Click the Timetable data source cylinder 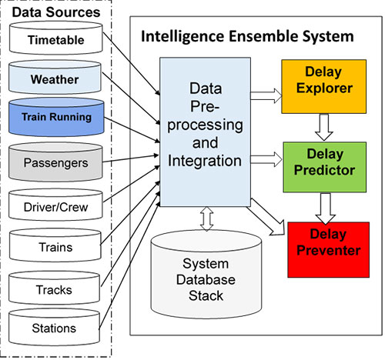[x=56, y=38]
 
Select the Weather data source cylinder [x=55, y=77]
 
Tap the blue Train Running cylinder [x=56, y=117]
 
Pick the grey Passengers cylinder [x=55, y=162]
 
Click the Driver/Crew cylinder [x=55, y=205]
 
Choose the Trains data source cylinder [x=55, y=245]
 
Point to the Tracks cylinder [x=54, y=288]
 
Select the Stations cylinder [x=54, y=327]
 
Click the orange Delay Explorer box [x=324, y=86]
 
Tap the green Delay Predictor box [x=325, y=167]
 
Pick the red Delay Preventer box [x=328, y=250]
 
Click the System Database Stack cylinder [x=206, y=275]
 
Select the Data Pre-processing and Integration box [x=205, y=132]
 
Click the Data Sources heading [x=56, y=12]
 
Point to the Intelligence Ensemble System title [x=247, y=36]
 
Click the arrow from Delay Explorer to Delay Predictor [x=324, y=127]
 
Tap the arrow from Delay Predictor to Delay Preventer [x=326, y=208]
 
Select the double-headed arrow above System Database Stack [x=206, y=218]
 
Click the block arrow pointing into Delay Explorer [x=266, y=96]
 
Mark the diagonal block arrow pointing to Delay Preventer [x=267, y=218]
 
